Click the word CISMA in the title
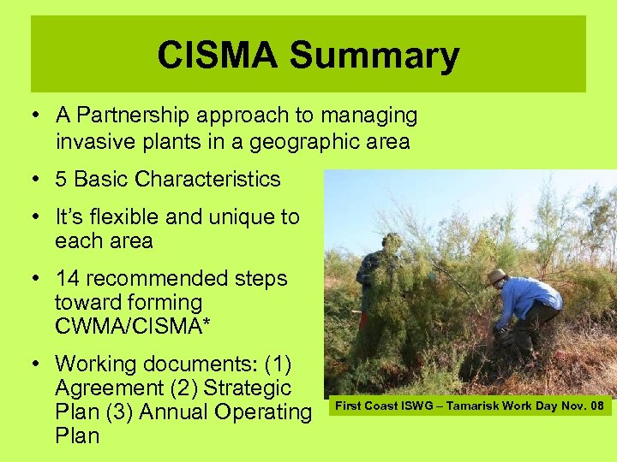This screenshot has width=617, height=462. tap(218, 56)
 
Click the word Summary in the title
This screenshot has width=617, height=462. tap(374, 56)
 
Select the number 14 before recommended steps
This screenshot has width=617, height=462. tap(67, 279)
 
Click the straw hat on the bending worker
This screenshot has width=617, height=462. tap(496, 276)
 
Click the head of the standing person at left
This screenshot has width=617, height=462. tap(392, 241)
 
